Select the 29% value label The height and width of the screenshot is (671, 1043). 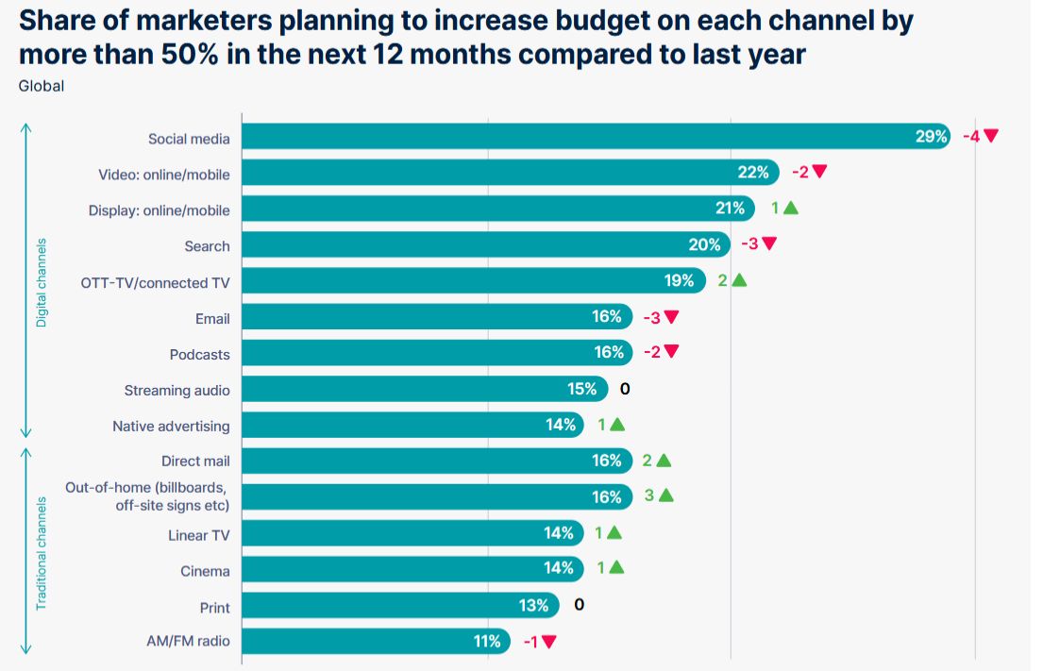pyautogui.click(x=931, y=137)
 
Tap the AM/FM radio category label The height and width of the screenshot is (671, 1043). pyautogui.click(x=188, y=642)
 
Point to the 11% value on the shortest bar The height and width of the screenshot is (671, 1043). pyautogui.click(x=487, y=642)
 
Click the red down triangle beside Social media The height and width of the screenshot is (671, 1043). pyautogui.click(x=990, y=136)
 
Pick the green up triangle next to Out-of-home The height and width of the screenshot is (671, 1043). pyautogui.click(x=665, y=495)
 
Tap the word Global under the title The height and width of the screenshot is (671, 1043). pyautogui.click(x=41, y=86)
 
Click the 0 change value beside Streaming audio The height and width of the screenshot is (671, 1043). pyautogui.click(x=625, y=389)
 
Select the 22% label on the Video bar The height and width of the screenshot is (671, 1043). pyautogui.click(x=753, y=172)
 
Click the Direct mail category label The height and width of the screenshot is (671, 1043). pyautogui.click(x=195, y=461)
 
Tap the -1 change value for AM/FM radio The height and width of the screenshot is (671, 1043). pyautogui.click(x=530, y=642)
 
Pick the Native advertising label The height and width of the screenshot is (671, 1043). pyautogui.click(x=171, y=426)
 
